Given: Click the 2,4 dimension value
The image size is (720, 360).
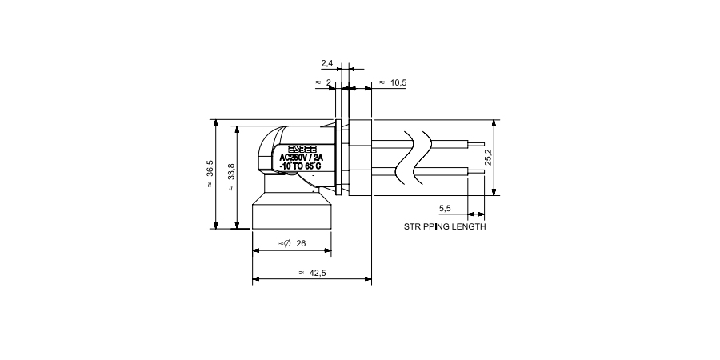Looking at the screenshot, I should coord(327,62).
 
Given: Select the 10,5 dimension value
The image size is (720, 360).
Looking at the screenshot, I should coord(398,82).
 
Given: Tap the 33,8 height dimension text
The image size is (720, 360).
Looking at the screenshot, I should coord(231,173).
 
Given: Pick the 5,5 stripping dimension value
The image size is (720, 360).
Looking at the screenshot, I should coord(446,208).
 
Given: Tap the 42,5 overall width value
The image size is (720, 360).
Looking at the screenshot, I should coord(318,273).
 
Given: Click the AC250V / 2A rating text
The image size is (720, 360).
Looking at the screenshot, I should coord(301,158).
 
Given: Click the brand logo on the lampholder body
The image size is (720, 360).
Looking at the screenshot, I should coord(302,149).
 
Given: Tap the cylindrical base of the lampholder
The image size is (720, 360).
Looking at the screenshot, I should coord(292,214).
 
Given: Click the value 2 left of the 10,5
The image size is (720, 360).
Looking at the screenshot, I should coord(328,82).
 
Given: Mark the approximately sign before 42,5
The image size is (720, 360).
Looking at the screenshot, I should coord(301,273).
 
